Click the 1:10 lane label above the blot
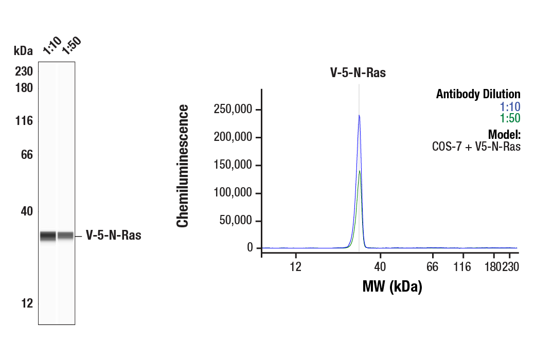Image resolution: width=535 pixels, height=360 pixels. click(x=52, y=46)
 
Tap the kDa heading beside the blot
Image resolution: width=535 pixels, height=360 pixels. click(x=23, y=51)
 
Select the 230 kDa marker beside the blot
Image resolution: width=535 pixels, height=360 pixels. click(x=24, y=71)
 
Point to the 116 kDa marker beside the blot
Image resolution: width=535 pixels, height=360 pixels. click(x=24, y=121)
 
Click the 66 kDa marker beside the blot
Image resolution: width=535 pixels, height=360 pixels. click(x=27, y=155)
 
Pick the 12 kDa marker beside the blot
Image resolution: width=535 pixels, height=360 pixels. click(x=27, y=303)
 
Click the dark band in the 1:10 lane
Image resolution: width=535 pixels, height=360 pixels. click(x=48, y=236)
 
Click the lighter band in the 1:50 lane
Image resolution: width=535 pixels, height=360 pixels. click(x=65, y=236)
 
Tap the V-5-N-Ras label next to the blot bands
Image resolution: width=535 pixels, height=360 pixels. click(x=113, y=236)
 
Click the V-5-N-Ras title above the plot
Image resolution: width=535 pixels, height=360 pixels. click(x=358, y=73)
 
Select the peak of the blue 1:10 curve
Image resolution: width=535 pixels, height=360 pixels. click(x=359, y=116)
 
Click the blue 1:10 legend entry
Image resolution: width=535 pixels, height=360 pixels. click(x=510, y=106)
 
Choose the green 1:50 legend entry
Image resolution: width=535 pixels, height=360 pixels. click(x=510, y=118)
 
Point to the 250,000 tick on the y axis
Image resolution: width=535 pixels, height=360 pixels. click(x=233, y=110)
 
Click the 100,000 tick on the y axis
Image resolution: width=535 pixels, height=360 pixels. click(x=233, y=193)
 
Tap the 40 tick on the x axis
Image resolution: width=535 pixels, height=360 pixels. click(x=380, y=266)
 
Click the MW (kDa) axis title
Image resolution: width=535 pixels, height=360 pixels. click(x=392, y=286)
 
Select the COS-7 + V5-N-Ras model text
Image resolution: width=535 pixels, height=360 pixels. click(x=476, y=147)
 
